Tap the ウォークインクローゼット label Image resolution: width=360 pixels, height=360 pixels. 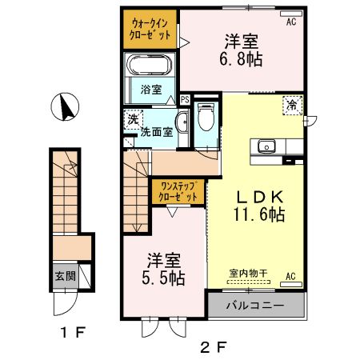(150, 30)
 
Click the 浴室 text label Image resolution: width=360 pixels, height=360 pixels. (151, 89)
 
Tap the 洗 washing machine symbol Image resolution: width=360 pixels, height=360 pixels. (131, 118)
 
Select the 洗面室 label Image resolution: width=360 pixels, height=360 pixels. (159, 132)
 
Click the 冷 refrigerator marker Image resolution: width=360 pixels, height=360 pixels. (292, 104)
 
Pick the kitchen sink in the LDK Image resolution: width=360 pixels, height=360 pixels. (266, 146)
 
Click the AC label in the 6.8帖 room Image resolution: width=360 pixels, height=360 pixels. (291, 22)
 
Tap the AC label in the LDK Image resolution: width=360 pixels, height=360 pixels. (291, 277)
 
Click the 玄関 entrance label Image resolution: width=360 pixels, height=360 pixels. (65, 276)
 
